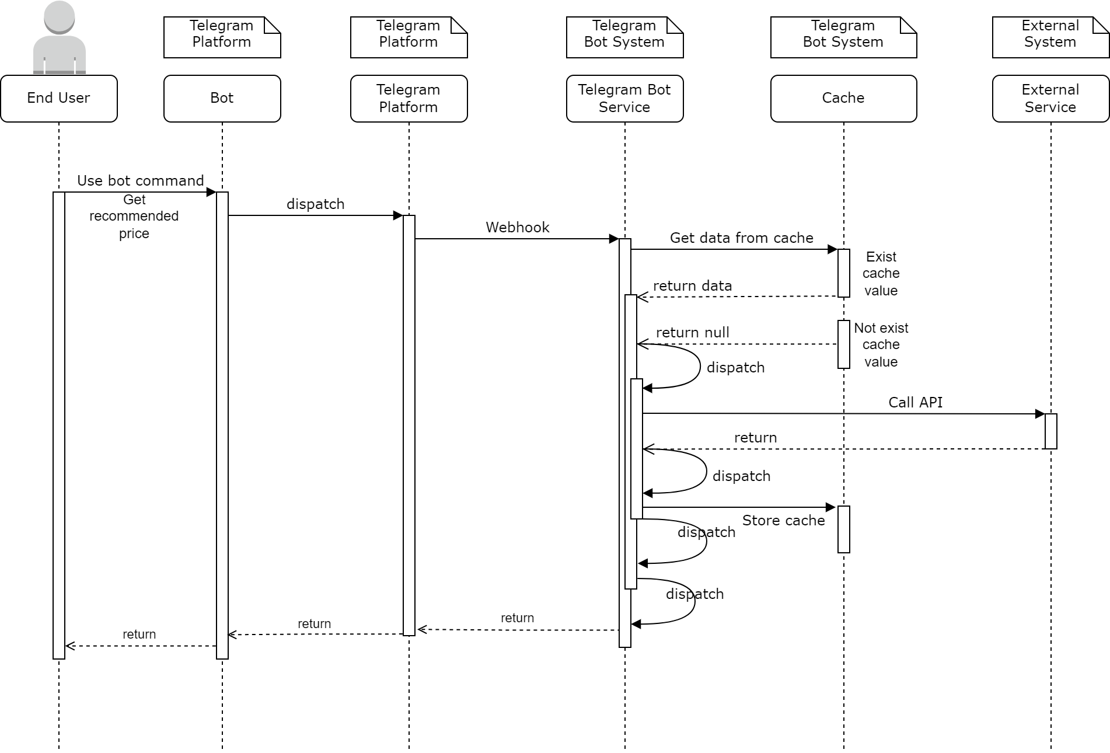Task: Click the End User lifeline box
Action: pos(59,98)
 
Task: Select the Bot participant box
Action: pos(222,98)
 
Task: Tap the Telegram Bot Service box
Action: pos(624,98)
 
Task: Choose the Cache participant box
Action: pos(843,98)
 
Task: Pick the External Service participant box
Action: pos(1050,98)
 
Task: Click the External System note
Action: pos(1050,37)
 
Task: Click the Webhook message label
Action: pos(518,228)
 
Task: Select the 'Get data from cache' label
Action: pos(741,238)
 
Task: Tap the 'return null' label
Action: pos(693,333)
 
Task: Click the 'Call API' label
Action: pos(915,403)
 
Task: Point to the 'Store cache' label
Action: pos(783,521)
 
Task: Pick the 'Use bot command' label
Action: pos(141,181)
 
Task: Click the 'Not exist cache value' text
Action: pos(881,345)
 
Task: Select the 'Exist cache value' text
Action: pos(881,274)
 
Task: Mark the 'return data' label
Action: pos(693,286)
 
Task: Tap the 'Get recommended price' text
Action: pos(134,217)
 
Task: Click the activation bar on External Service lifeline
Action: pos(1050,431)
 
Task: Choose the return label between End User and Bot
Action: pos(139,635)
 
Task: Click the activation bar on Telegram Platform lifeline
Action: pos(409,425)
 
